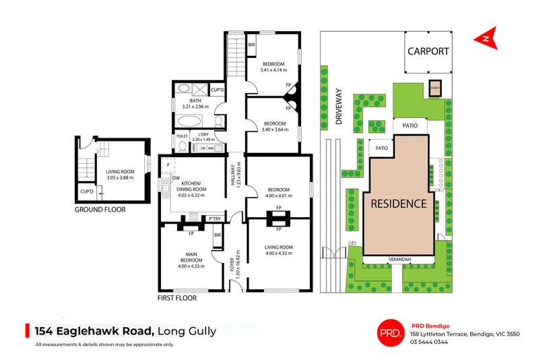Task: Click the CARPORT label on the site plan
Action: (x=428, y=51)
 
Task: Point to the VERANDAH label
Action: (x=399, y=260)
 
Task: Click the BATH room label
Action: (x=195, y=100)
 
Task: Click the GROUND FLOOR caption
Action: (x=99, y=210)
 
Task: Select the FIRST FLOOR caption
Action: (x=177, y=297)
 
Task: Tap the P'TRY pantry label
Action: (x=215, y=218)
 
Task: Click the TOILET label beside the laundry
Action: (x=182, y=136)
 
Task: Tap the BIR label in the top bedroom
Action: (x=251, y=45)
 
